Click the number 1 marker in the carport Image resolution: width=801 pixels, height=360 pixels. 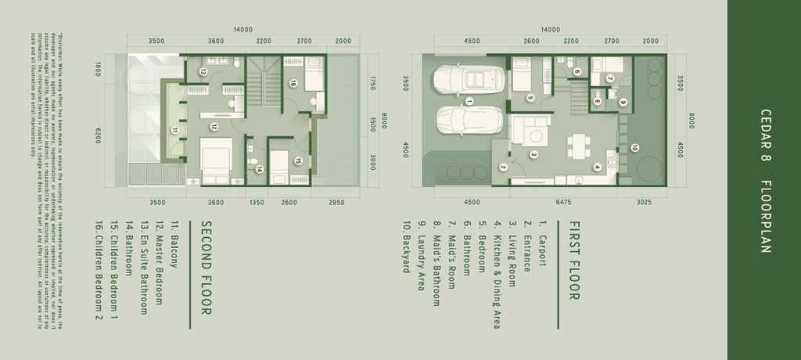click(469, 101)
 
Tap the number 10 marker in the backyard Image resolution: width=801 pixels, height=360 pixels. click(634, 147)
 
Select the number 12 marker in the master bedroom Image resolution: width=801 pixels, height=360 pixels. click(214, 126)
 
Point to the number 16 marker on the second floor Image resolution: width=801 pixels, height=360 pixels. click(293, 82)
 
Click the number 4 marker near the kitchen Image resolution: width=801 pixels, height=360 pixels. click(597, 166)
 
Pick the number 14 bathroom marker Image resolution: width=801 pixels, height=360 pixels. click(259, 168)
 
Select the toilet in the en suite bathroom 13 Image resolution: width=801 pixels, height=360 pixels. click(232, 103)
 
